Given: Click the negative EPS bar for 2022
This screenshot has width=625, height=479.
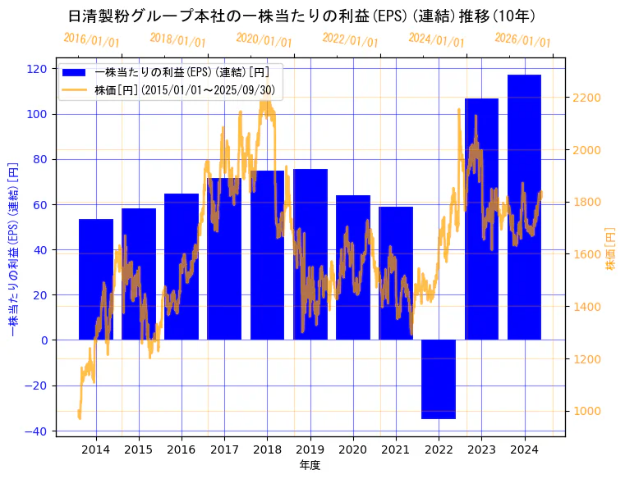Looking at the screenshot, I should tap(439, 379).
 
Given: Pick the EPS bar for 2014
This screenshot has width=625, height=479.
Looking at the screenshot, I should tap(96, 279).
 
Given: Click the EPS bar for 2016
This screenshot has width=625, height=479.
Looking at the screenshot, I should tap(182, 267).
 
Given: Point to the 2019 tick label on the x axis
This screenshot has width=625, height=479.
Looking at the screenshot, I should tap(310, 449).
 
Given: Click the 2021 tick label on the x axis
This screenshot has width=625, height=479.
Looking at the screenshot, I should tap(396, 449).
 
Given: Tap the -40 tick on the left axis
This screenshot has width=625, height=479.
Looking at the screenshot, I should tap(35, 431).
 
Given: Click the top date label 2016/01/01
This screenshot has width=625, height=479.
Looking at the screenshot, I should tap(91, 40).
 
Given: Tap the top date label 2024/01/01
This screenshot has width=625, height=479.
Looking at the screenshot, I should tap(436, 40).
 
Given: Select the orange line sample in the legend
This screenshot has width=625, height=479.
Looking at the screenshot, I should tap(79, 89).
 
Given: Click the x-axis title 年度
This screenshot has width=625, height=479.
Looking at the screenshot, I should tap(310, 465).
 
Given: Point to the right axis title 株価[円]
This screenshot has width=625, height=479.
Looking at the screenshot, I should tap(610, 250).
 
